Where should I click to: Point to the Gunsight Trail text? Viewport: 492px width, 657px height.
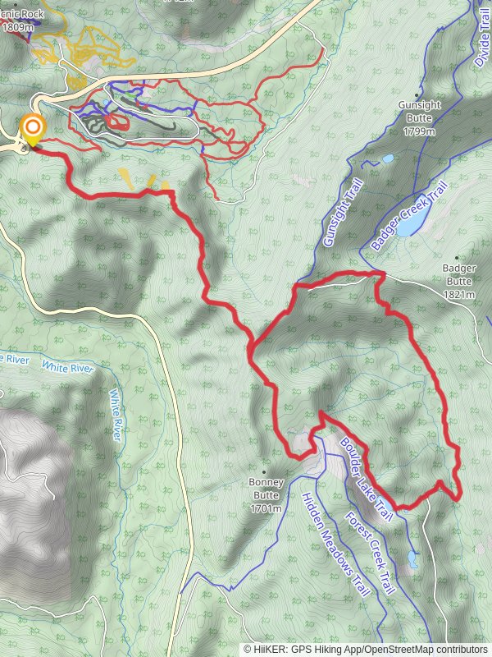coord(342,214)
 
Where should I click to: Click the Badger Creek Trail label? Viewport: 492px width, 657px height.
coord(408,216)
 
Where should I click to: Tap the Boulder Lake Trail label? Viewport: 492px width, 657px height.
coord(367,477)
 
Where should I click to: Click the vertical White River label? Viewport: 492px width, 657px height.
coord(116,415)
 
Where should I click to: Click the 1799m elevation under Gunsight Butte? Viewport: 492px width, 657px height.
coord(419,131)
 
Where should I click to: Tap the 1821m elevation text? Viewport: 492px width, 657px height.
coord(458,294)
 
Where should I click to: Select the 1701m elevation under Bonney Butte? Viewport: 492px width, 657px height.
coord(266,509)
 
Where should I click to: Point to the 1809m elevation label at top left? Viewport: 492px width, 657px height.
coord(18,27)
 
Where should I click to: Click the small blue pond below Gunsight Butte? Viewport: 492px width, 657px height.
coord(387,157)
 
